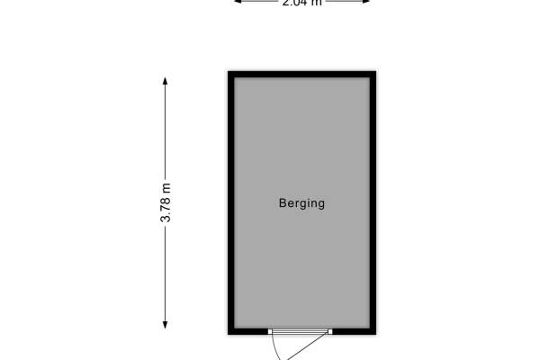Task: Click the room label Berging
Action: pos(301,203)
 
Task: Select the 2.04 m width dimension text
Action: pos(301,3)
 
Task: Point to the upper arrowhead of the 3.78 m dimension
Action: pos(166,82)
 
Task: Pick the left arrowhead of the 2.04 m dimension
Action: pos(238,2)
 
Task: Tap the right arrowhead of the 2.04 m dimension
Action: pos(367,2)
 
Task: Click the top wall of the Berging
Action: pos(301,75)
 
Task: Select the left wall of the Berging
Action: pos(231,203)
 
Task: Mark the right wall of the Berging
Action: pos(372,203)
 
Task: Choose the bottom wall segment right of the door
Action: pos(353,331)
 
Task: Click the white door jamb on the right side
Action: pos(329,331)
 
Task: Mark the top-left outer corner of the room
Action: pos(229,72)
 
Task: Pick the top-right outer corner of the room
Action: pos(375,72)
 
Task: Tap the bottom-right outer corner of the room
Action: pos(375,335)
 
